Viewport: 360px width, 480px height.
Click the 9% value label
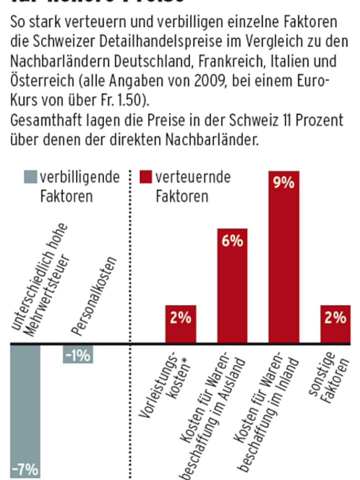pyautogui.click(x=284, y=183)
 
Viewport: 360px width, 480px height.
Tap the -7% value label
pyautogui.click(x=24, y=469)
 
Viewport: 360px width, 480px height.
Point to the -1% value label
pyautogui.click(x=78, y=355)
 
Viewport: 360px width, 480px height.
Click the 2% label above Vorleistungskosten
pyautogui.click(x=180, y=317)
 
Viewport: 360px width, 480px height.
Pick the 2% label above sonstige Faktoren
pyautogui.click(x=335, y=317)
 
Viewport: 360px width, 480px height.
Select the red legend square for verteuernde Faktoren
pyautogui.click(x=145, y=177)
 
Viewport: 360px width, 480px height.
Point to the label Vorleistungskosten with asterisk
pyautogui.click(x=169, y=385)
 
